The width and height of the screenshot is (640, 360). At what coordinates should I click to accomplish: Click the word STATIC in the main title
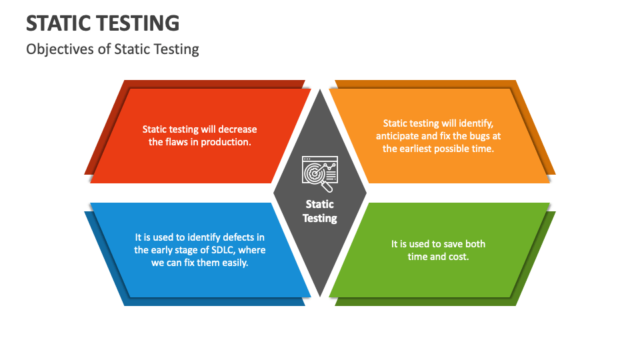(63, 23)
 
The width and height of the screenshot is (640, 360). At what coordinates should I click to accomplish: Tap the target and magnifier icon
(320, 173)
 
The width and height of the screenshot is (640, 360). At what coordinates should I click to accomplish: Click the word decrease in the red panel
(237, 129)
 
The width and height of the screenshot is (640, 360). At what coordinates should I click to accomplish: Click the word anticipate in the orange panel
(395, 136)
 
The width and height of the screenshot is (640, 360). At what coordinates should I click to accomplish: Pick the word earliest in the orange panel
(415, 149)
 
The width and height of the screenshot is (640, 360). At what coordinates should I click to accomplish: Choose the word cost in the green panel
(459, 257)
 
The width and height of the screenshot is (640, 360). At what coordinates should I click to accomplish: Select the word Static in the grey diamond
(319, 204)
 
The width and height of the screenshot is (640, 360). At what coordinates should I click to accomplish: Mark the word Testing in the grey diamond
(320, 219)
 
